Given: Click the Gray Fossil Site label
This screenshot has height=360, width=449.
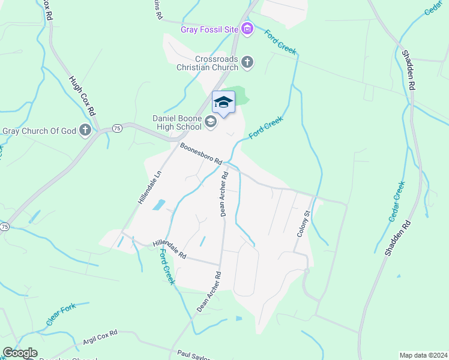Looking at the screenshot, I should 210,29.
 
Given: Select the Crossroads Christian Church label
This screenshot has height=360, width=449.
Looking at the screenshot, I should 216,63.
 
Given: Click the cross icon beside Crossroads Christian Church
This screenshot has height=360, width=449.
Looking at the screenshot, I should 247,62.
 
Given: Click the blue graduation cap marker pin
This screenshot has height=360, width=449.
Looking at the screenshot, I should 223,103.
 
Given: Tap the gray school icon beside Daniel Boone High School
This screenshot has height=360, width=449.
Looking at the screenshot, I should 211,122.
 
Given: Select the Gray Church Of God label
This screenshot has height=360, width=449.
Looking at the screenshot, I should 40,131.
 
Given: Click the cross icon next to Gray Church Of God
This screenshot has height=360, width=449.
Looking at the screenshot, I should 86,130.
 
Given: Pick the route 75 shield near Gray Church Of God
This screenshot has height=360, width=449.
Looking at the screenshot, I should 117,128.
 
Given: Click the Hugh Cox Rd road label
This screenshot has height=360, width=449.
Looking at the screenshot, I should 82,96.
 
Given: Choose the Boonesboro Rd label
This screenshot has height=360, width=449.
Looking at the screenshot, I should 200,154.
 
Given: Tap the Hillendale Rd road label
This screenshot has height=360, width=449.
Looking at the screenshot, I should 169,249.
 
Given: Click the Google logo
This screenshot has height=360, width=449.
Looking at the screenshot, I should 20,353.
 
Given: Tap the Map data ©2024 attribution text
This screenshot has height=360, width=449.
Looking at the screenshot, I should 423,355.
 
